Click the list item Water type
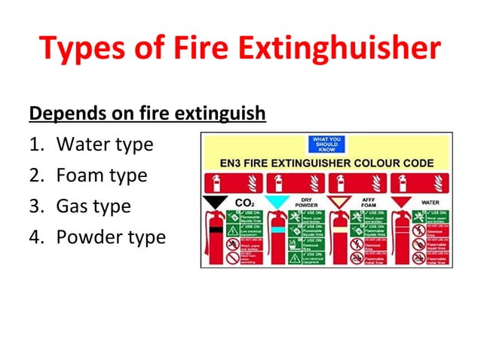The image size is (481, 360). [105, 144]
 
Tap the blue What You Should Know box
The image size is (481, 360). [325, 144]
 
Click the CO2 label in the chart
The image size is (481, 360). [244, 203]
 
